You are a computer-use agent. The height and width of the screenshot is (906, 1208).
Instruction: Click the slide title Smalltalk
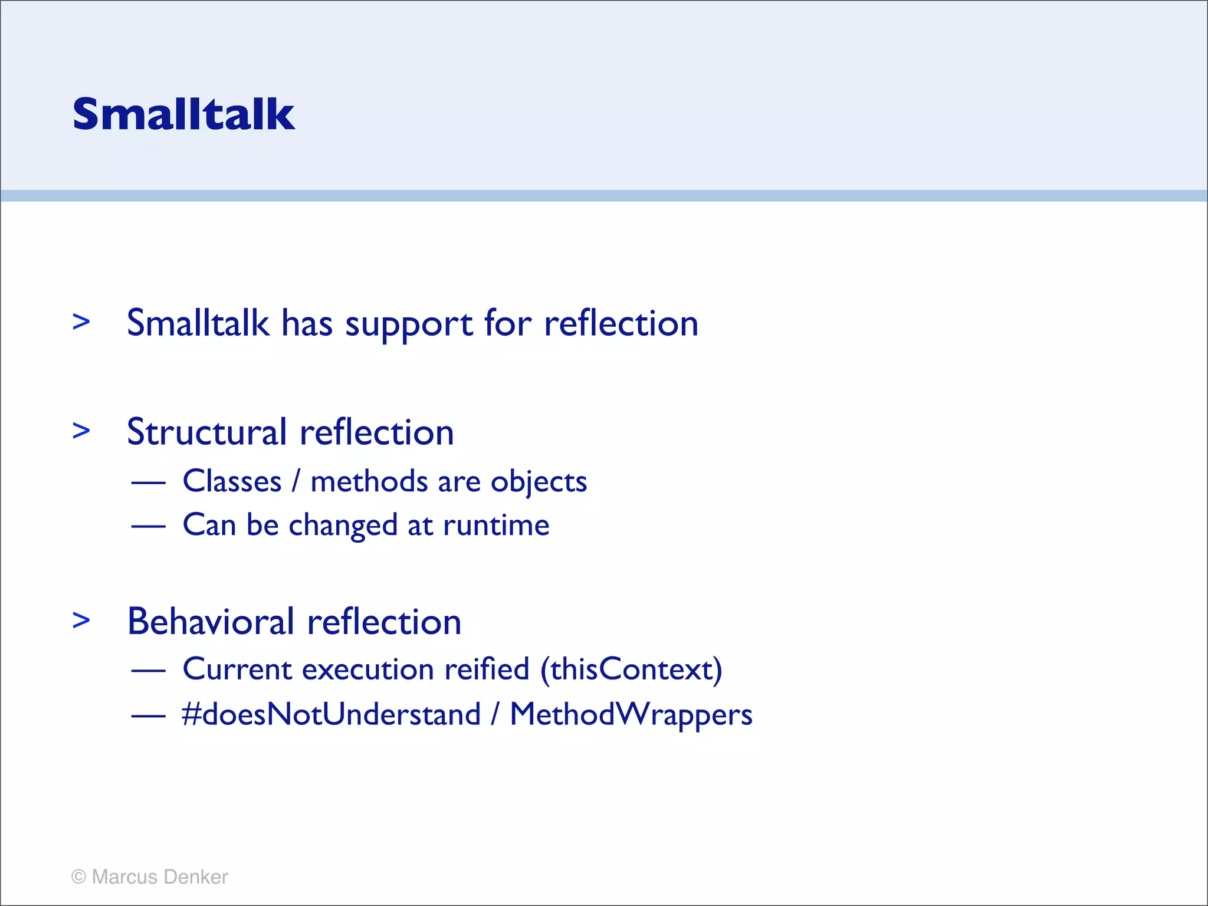point(183,114)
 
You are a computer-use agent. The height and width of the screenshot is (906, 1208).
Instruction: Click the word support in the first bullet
point(409,324)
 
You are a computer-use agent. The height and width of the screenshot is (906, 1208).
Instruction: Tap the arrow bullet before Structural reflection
point(81,431)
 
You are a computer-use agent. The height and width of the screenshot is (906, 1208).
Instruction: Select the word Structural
point(207,432)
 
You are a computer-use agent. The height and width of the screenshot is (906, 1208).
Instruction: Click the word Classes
point(232,481)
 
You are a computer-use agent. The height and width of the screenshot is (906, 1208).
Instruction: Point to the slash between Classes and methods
point(296,481)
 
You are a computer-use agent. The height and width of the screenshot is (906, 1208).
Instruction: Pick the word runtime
point(496,525)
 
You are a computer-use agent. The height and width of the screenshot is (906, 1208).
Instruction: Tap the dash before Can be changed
point(148,526)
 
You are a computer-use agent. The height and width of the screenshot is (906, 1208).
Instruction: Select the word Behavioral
point(211,622)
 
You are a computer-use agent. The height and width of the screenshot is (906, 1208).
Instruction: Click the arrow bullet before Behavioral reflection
point(81,620)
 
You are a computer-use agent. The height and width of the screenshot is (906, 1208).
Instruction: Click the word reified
point(487,669)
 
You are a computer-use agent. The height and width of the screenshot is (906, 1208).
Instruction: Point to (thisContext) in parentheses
point(631,670)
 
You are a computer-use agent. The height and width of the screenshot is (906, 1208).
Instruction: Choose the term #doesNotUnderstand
point(331,714)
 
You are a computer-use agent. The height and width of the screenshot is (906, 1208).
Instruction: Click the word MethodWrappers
point(631,715)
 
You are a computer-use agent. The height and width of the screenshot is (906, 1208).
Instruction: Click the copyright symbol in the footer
point(78,877)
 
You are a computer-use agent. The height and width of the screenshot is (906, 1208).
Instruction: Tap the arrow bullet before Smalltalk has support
point(81,321)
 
